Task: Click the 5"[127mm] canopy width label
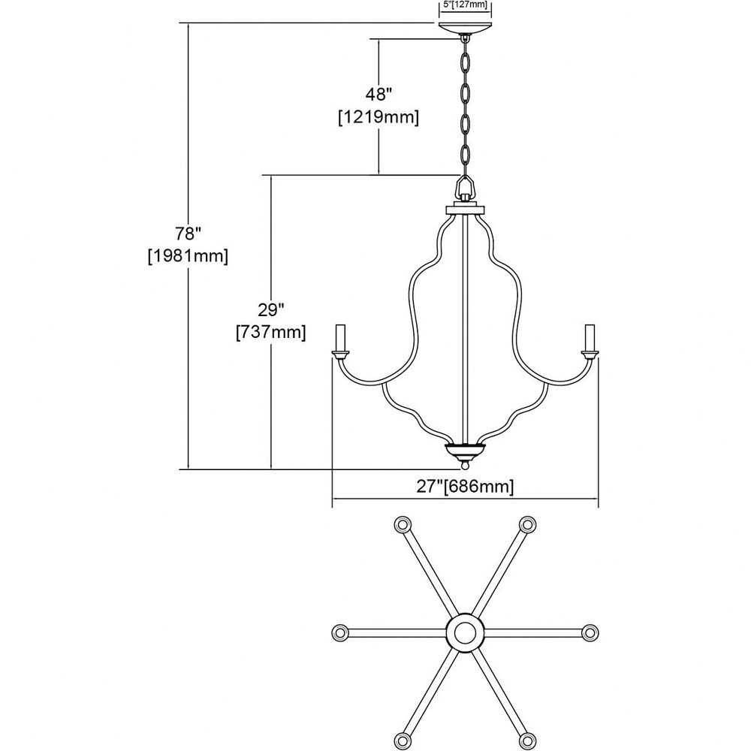465,5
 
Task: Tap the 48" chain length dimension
379,95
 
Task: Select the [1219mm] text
379,117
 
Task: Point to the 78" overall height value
187,234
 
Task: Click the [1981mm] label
188,256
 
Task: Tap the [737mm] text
271,333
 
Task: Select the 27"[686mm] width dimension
465,487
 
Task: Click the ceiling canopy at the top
465,28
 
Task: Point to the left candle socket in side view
340,342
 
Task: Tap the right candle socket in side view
590,342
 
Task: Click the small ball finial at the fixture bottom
465,464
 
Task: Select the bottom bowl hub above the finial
465,451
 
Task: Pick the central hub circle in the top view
465,632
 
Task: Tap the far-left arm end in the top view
340,632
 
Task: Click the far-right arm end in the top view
590,632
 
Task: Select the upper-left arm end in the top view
403,524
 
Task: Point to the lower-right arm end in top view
527,740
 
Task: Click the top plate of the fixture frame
465,210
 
